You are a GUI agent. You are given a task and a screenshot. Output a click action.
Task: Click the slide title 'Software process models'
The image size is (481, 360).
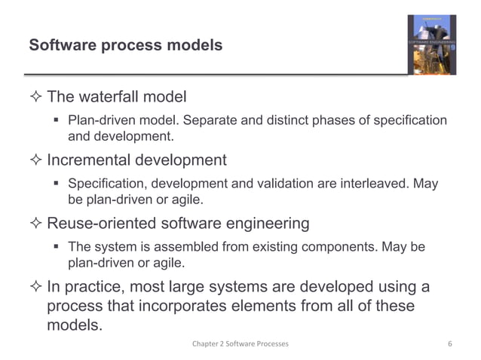click(125, 46)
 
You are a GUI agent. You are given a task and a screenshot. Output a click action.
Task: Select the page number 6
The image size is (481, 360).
click(449, 344)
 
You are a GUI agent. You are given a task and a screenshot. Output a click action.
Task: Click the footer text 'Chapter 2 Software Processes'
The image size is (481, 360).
click(240, 344)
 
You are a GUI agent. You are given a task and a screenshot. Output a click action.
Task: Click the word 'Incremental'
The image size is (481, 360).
click(90, 160)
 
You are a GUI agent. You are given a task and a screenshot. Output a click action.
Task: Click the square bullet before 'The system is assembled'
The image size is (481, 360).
click(57, 247)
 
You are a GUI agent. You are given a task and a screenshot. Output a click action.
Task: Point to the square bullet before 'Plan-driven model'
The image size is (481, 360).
click(57, 121)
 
